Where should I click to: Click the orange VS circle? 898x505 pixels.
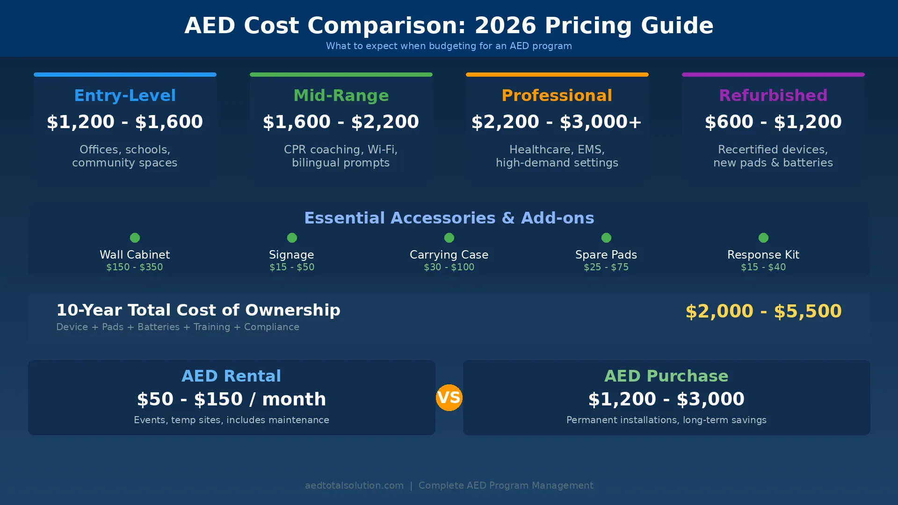point(449,398)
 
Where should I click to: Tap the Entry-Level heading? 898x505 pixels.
point(125,95)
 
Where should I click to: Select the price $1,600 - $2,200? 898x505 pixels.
point(340,122)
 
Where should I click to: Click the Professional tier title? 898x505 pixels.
point(557,95)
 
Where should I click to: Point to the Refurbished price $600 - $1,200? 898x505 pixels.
point(773,122)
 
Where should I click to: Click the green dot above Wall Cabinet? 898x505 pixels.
point(135,238)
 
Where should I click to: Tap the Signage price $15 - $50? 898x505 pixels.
point(292,267)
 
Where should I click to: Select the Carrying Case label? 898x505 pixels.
point(449,255)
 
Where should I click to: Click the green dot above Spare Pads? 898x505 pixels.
point(606,238)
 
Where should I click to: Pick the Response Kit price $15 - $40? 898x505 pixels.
point(763,267)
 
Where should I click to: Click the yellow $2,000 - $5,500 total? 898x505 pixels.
point(763,311)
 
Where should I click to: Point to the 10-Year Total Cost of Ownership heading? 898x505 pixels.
point(198,310)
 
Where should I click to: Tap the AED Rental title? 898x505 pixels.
point(232,376)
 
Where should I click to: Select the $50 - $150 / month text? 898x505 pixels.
point(232,399)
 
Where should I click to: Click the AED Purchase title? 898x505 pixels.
point(666,376)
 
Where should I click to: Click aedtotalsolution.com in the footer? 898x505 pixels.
point(354,485)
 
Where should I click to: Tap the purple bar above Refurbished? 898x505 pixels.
point(773,74)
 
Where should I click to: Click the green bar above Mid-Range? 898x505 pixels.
point(340,74)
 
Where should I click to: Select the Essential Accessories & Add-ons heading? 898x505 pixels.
point(449,218)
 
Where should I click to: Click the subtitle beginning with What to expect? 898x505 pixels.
point(449,46)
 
